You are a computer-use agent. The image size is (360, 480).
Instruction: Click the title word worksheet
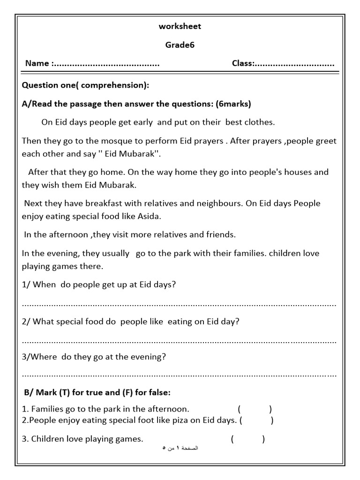(x=180, y=26)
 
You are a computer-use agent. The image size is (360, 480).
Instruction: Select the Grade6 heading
(x=180, y=45)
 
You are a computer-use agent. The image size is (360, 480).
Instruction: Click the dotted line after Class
(x=295, y=64)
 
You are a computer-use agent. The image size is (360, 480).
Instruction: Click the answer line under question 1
(x=180, y=305)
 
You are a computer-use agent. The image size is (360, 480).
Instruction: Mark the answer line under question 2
(x=180, y=341)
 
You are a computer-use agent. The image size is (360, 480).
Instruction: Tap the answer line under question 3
(x=180, y=375)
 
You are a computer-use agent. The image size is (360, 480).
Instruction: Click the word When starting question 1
(x=45, y=285)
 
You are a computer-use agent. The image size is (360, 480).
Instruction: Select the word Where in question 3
(x=44, y=357)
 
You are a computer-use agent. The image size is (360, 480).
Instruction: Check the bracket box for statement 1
(x=255, y=409)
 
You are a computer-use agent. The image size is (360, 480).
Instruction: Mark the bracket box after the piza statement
(x=257, y=420)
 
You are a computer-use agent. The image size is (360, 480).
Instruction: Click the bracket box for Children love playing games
(x=248, y=439)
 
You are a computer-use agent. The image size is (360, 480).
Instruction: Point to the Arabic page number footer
(x=180, y=449)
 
